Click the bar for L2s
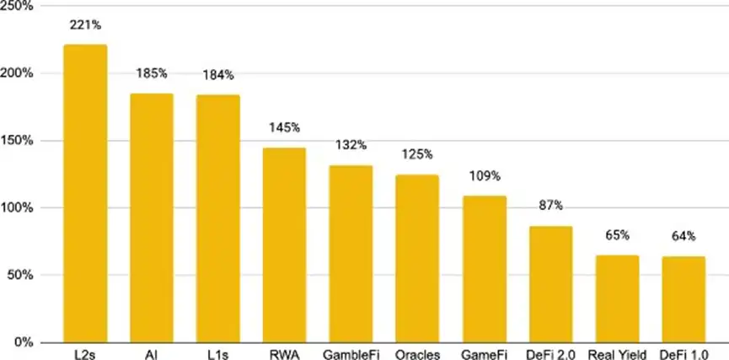[x=85, y=194]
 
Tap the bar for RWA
[x=284, y=244]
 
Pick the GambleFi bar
[x=351, y=253]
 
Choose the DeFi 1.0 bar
[x=683, y=298]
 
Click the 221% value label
[x=85, y=26]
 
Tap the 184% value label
[x=218, y=76]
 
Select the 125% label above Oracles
[x=417, y=155]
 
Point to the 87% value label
[x=550, y=206]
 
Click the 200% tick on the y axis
[x=17, y=73]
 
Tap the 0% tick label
[x=24, y=342]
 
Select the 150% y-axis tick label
[x=17, y=141]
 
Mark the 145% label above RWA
[x=284, y=128]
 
